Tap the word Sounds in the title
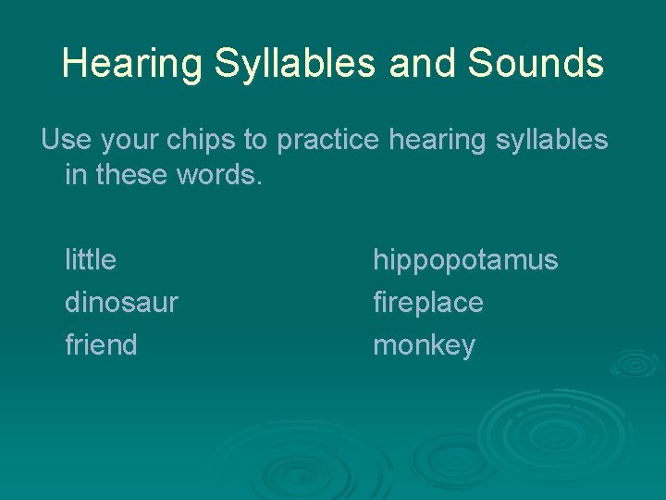[536, 64]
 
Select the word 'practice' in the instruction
[328, 140]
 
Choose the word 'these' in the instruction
[136, 175]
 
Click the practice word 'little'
[91, 260]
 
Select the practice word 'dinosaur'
[121, 303]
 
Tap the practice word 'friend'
[101, 345]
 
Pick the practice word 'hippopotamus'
[465, 261]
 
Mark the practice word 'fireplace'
[427, 303]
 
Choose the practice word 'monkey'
[424, 346]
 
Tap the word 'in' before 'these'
[74, 175]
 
